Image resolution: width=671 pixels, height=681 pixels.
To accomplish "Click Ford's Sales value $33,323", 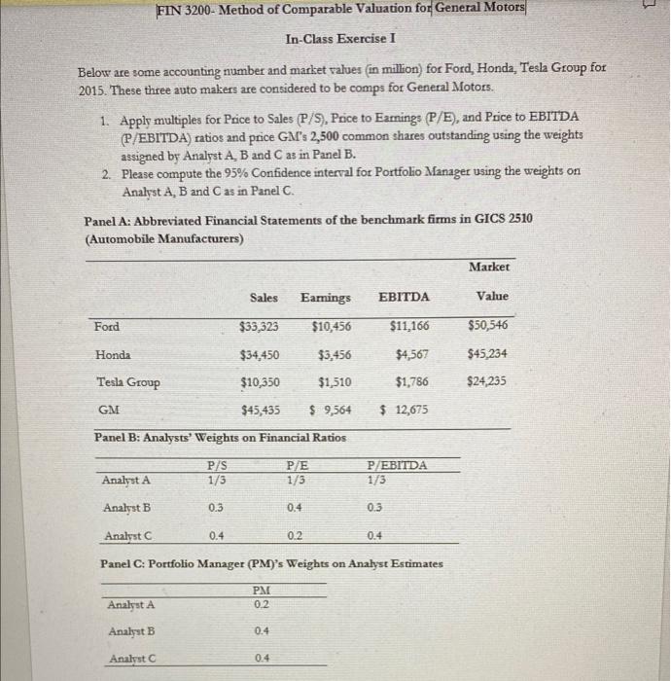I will [260, 326].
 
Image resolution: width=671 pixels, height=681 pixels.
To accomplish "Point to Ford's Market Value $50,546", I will [487, 325].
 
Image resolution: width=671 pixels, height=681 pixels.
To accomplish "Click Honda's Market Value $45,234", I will [487, 353].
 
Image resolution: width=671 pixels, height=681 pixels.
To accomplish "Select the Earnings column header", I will [326, 297].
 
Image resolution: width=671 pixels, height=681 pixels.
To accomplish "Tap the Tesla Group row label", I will [128, 381].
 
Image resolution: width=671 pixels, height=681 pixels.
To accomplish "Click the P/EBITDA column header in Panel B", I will [396, 466].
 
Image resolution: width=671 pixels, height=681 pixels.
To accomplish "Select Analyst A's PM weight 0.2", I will [260, 604].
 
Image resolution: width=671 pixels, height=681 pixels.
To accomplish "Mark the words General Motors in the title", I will [479, 9].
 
